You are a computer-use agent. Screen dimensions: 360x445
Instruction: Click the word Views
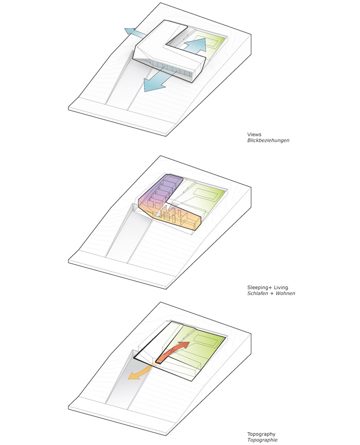[x=254, y=135]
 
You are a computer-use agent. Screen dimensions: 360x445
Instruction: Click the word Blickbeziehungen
[x=268, y=140]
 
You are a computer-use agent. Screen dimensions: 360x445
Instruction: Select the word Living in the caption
[x=281, y=288]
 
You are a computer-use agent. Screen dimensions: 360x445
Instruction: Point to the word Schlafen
[x=258, y=293]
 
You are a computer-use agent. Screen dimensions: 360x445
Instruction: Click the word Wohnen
[x=285, y=293]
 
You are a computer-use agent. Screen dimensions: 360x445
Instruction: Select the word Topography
[x=261, y=434]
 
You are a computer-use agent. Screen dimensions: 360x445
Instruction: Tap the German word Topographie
[x=262, y=440]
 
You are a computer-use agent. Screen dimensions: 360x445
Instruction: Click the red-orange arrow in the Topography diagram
[x=172, y=352]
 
